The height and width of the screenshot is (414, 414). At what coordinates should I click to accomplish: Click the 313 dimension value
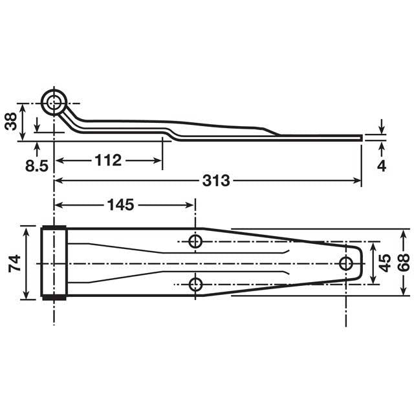(215, 181)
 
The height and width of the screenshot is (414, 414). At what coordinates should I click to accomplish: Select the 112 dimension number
(107, 160)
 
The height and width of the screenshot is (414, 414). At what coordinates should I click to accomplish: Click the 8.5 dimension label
(37, 166)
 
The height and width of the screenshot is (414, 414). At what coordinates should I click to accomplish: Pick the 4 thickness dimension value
(382, 165)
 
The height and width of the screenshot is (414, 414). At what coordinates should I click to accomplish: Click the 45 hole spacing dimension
(384, 263)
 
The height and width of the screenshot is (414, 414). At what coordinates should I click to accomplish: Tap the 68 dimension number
(403, 263)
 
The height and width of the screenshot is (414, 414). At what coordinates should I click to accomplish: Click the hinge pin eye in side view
(54, 102)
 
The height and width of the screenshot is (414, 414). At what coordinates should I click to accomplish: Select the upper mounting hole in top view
(195, 241)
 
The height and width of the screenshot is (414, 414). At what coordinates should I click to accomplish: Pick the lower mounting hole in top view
(195, 284)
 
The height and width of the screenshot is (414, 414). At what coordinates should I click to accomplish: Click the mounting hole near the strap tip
(347, 262)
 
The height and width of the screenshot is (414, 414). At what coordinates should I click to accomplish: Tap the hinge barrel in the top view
(54, 261)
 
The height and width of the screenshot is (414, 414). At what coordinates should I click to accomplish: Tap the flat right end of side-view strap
(360, 136)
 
